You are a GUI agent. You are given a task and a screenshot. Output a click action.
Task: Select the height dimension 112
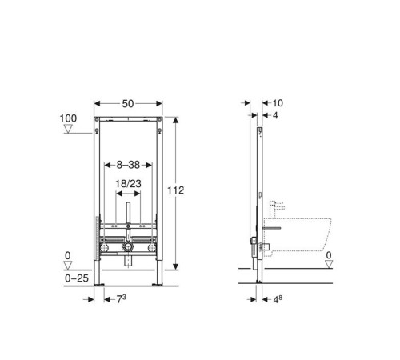pyautogui.click(x=177, y=190)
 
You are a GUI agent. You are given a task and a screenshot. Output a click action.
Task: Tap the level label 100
pyautogui.click(x=68, y=118)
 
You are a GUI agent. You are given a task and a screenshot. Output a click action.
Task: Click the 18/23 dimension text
pyautogui.click(x=129, y=183)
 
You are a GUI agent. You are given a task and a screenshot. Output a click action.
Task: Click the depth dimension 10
pyautogui.click(x=278, y=103)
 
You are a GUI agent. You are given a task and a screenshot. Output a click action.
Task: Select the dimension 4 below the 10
pyautogui.click(x=275, y=117)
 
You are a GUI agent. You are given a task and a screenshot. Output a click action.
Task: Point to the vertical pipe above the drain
pyautogui.click(x=129, y=216)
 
